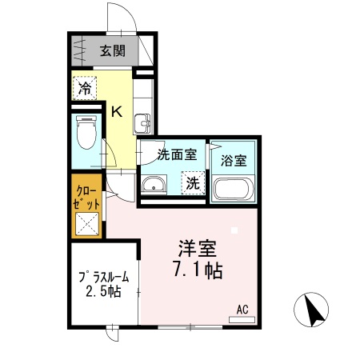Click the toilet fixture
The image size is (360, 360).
[x=84, y=132]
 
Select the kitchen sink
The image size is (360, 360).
[x=143, y=123]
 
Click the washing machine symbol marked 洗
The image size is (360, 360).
[x=193, y=183]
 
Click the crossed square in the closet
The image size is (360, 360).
[x=87, y=225]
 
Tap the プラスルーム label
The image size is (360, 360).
[x=105, y=278]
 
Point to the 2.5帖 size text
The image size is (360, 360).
[x=103, y=293]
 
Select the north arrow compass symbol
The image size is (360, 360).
[x=314, y=310]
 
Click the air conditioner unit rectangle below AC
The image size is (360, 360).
[x=242, y=320]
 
